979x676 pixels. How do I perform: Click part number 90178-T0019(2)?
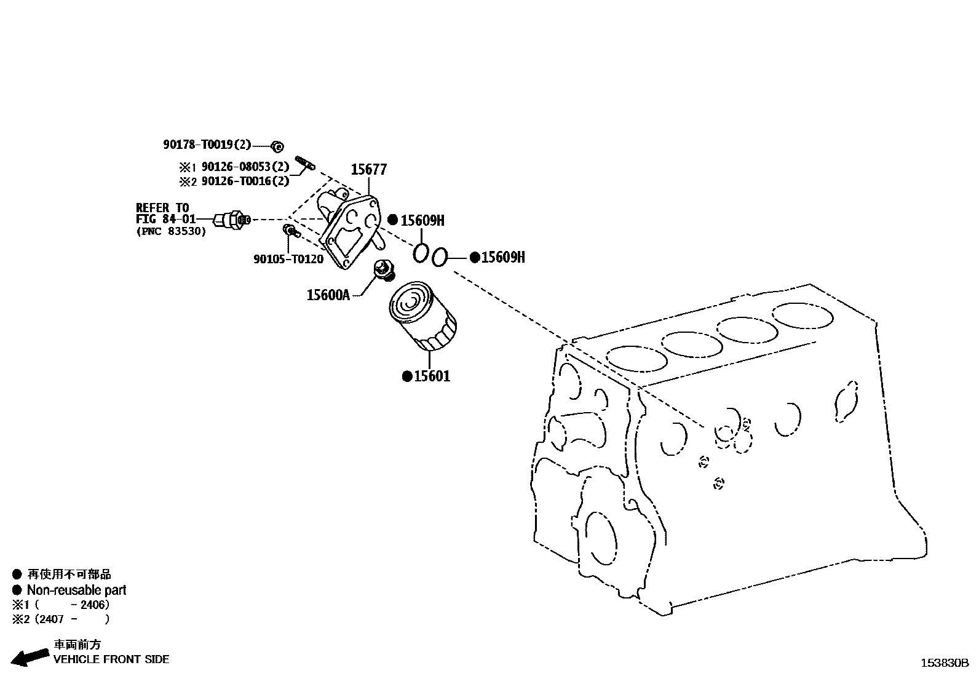207,145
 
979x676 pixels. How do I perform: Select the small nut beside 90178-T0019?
277,146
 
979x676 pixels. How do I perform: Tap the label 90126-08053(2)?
245,167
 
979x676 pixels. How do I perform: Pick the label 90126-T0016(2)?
245,181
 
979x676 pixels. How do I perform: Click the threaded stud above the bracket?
305,163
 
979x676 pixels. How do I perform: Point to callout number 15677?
368,169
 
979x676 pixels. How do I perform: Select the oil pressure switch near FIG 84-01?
231,219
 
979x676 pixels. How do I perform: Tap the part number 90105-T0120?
288,259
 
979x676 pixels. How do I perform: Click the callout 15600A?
328,295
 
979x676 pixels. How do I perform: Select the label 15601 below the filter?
432,376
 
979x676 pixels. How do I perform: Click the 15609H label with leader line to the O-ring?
502,257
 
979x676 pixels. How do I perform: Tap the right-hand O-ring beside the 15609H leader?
439,257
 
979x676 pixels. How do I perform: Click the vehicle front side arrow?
30,657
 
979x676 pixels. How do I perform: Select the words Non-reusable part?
76,590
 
